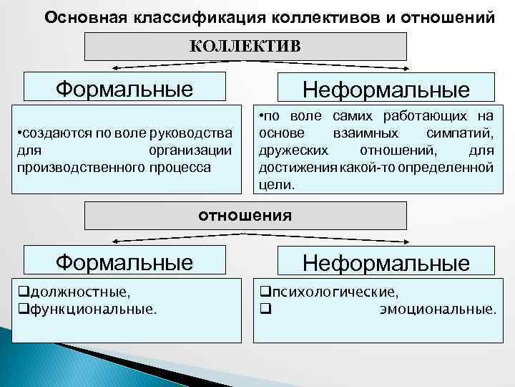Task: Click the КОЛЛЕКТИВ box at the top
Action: tap(245, 47)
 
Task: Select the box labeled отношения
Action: tap(245, 214)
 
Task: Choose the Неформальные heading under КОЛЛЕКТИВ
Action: tap(386, 89)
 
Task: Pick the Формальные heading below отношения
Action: tap(124, 262)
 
